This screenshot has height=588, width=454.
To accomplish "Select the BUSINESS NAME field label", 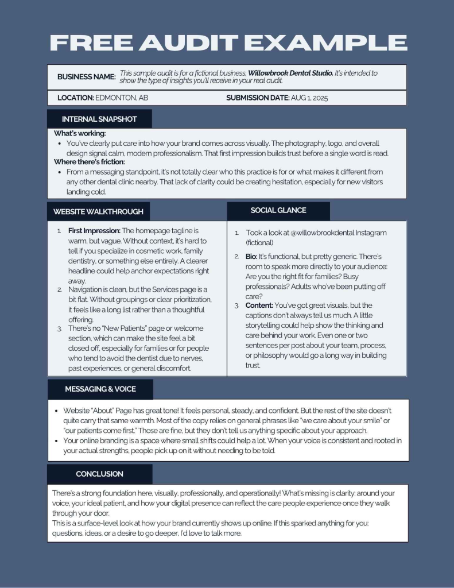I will click(86, 77).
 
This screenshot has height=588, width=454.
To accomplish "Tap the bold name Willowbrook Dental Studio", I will click(290, 73).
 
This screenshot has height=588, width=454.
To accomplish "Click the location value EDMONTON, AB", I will click(122, 98).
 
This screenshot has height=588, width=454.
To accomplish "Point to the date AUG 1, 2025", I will click(309, 98).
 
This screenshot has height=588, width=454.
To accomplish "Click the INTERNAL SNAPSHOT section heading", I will click(99, 119).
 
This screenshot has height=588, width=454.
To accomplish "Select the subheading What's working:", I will click(80, 134).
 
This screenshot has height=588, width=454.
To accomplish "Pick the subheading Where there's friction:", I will click(90, 162).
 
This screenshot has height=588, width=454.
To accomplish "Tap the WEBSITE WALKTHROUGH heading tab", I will click(98, 211).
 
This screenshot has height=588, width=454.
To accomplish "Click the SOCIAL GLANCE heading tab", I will click(278, 210).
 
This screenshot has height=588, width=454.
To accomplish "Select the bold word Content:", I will click(260, 305).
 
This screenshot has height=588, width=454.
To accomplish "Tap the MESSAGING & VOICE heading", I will click(100, 389).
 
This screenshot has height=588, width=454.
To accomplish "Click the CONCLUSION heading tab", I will click(99, 474).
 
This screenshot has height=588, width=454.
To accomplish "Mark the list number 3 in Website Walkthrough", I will click(59, 329).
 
